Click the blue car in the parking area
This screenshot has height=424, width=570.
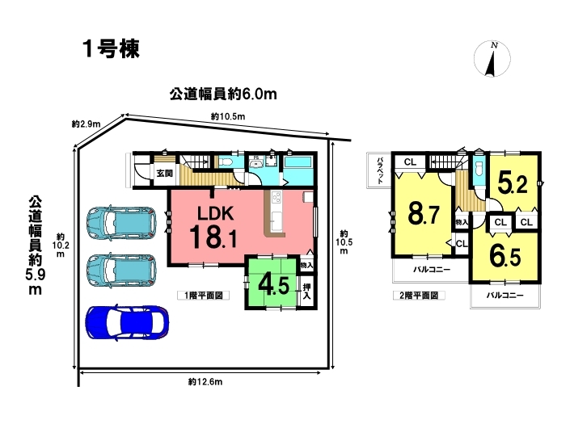pos(127,322)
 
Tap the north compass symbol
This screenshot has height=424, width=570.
pos(492,59)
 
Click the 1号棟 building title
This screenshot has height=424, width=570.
pos(112,49)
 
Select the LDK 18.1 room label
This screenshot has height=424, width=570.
pos(214,227)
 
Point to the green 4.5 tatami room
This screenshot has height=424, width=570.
pos(272,283)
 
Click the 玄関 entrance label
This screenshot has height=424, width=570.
pos(165,173)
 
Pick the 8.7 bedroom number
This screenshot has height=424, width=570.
pos(424,214)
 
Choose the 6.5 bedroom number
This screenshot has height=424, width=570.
pos(505,256)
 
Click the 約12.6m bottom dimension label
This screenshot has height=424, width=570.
pos(205,381)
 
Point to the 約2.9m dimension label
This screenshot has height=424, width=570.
pos(87,124)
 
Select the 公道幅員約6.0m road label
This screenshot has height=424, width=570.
pos(223,94)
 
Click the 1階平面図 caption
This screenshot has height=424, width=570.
pos(204,296)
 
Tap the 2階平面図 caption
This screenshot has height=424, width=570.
pos(419,296)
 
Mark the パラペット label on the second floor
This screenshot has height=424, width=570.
pos(380,170)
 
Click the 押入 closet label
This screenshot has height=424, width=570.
pos(306,292)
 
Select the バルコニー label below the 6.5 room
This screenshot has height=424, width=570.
pos(505,296)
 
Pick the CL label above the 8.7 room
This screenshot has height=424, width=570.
pos(410,162)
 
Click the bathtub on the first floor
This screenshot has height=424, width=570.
pos(298,162)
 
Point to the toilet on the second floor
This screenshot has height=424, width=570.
pos(479,169)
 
